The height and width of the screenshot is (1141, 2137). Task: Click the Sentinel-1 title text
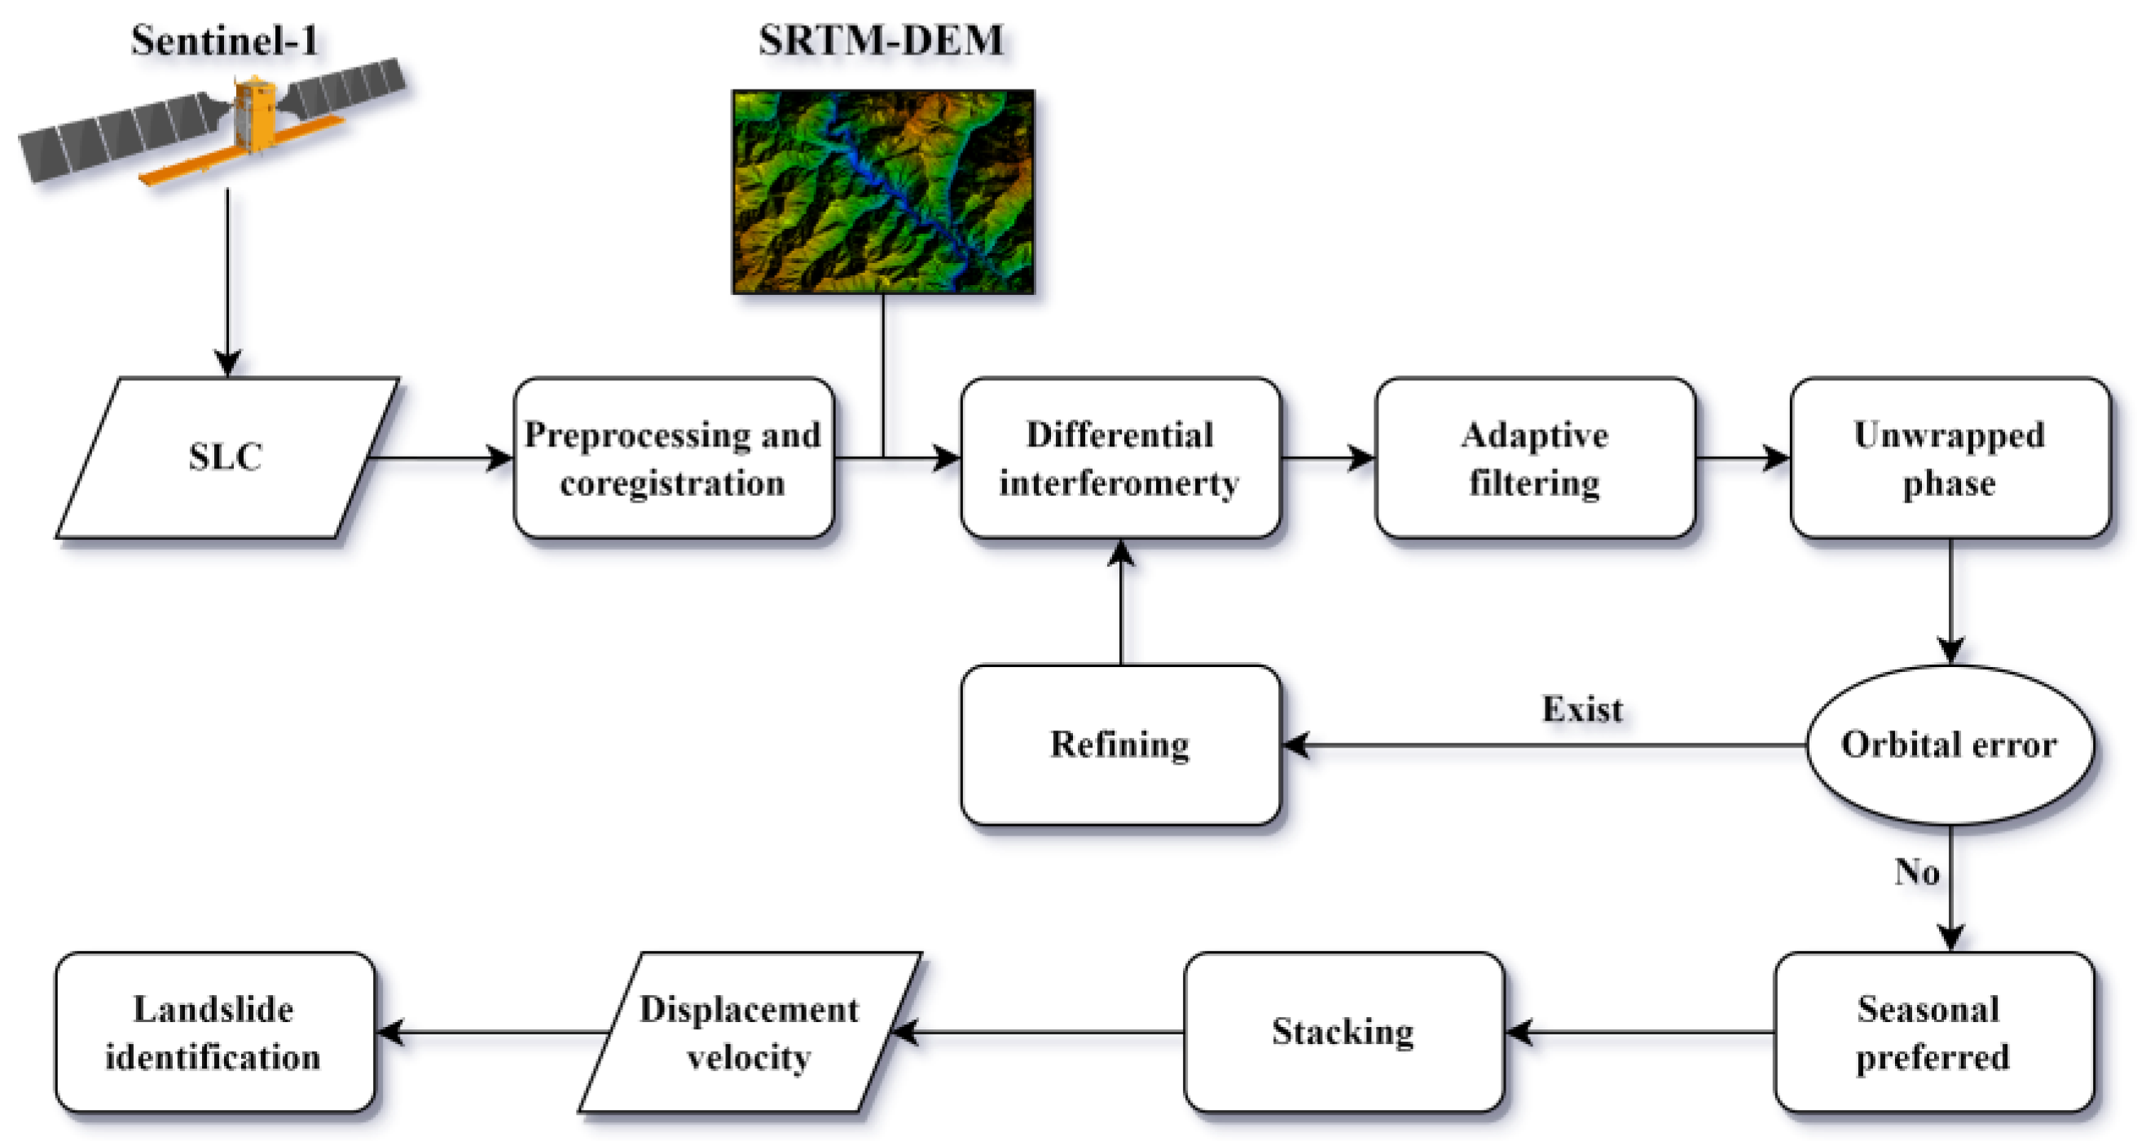tap(225, 40)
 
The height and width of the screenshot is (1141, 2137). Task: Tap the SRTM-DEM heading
tap(881, 40)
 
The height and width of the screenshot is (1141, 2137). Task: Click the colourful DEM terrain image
tap(882, 191)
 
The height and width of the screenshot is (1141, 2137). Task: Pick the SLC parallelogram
tap(226, 458)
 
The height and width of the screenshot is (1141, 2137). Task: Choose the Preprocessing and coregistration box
tap(673, 458)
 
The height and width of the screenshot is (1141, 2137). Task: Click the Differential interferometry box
tap(1120, 458)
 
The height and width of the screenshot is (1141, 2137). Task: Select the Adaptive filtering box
tap(1535, 458)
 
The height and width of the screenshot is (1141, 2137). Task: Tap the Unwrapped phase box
tap(1950, 458)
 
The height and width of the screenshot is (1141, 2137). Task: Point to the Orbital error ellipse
tap(1950, 744)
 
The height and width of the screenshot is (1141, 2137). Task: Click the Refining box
tap(1120, 744)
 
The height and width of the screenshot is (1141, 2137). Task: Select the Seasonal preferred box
tap(1934, 1033)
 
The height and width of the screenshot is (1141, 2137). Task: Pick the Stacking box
tap(1343, 1033)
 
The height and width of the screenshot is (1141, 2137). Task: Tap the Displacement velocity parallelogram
tap(749, 1033)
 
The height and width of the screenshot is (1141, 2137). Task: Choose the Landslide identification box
tap(214, 1033)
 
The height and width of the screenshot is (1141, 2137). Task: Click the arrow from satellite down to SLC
tap(227, 282)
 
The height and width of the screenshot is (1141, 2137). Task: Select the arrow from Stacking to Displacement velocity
tap(1037, 1033)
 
